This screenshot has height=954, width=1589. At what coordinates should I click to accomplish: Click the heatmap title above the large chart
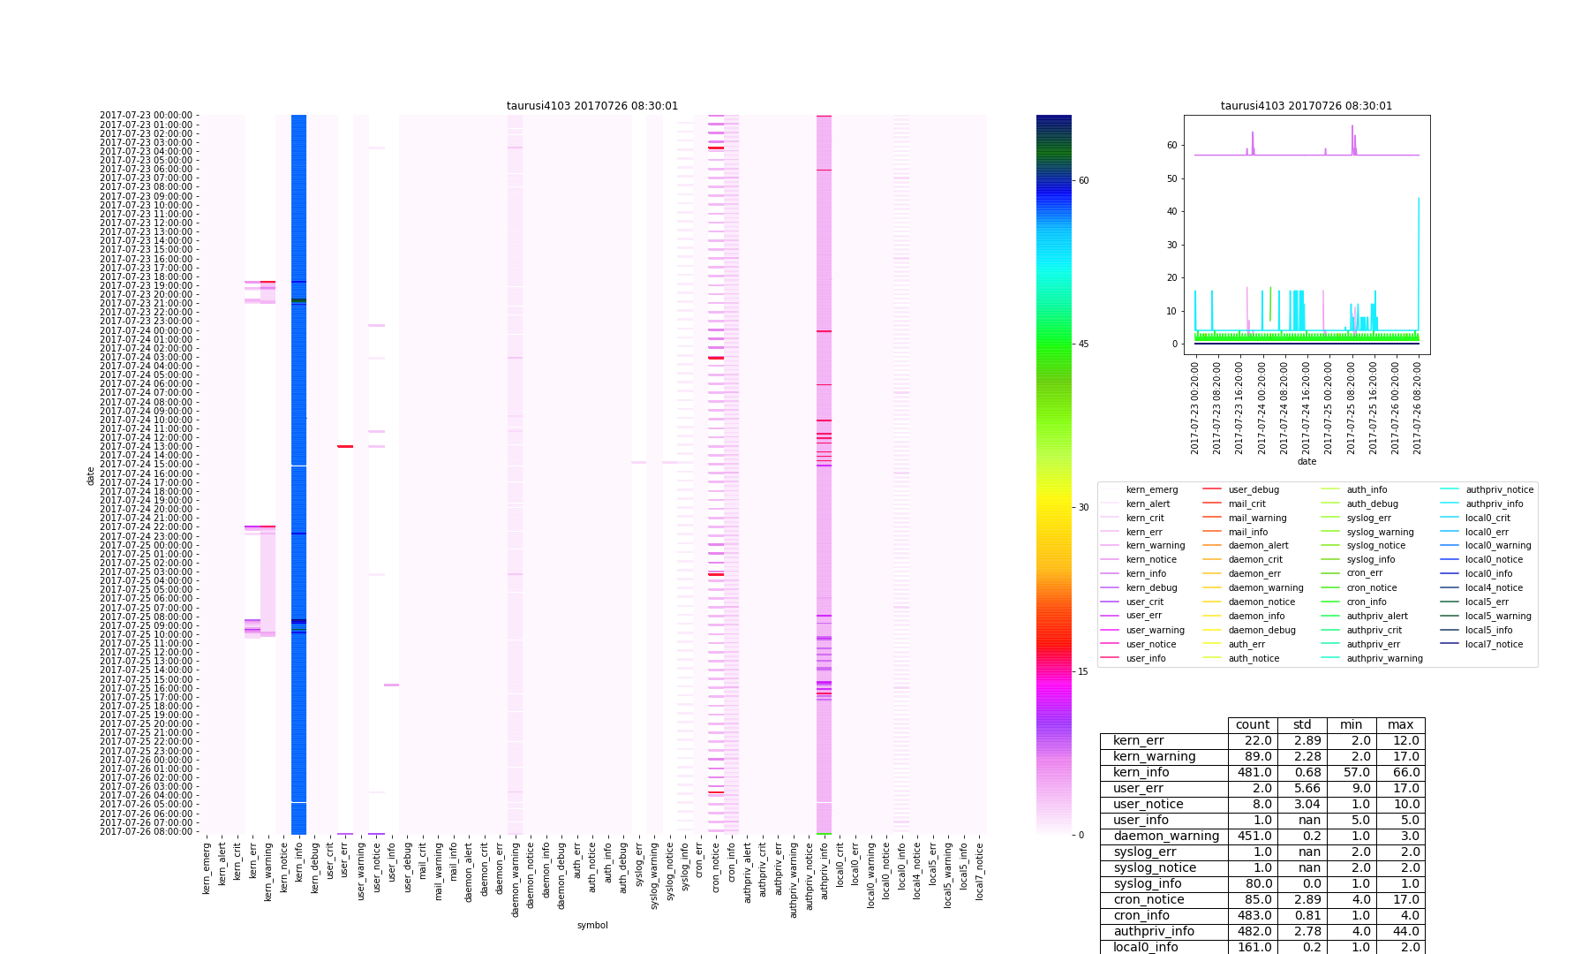coord(592,106)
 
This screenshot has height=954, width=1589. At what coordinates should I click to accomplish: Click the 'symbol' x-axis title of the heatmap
coord(592,925)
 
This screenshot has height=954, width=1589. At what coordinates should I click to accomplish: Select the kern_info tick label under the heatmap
coord(299,869)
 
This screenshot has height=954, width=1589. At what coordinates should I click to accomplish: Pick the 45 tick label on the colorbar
coord(1083,344)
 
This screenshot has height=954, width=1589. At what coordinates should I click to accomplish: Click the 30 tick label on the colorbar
coord(1083,508)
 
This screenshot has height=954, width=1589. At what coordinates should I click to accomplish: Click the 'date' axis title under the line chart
coord(1307,461)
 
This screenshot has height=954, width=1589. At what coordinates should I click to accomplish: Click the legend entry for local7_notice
coord(1494,644)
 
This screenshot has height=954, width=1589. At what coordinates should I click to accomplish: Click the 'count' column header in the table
coord(1253,724)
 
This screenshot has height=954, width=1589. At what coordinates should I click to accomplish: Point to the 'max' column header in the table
coord(1400,724)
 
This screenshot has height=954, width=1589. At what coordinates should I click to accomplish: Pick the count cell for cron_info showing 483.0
coord(1253,915)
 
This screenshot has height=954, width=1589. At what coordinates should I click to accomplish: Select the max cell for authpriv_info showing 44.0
coord(1400,931)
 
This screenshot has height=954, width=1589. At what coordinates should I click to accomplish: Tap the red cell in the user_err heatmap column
coord(345,446)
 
